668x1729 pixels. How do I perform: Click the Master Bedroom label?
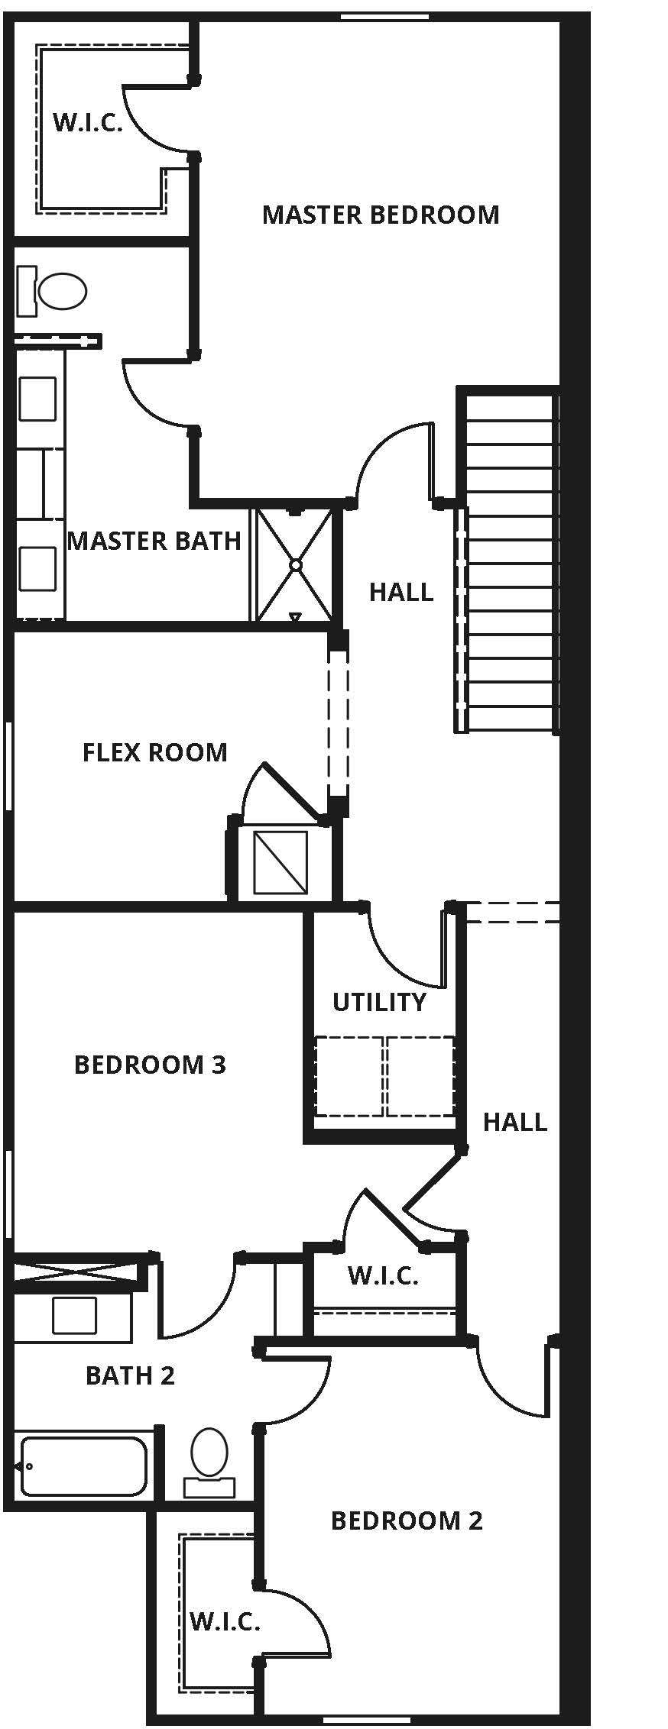pos(380,215)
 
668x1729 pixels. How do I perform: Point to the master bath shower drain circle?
pos(295,565)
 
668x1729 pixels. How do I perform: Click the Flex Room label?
pos(154,752)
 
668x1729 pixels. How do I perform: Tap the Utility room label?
pos(379,1002)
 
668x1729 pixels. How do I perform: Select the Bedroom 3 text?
pos(150,1065)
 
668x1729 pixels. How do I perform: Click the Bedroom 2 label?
pos(406,1521)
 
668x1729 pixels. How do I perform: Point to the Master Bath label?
pos(154,541)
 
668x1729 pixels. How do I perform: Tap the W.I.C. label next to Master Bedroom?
pos(87,123)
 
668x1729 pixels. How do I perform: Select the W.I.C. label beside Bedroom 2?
pos(224,1621)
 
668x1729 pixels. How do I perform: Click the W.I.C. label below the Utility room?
pos(382,1275)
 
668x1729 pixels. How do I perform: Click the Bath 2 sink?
pos(74,1315)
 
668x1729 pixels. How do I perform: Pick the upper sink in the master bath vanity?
pos(37,399)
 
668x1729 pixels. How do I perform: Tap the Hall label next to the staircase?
pos(400,592)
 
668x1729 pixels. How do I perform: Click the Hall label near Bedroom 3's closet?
pos(514,1122)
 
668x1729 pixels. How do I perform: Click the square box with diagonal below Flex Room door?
pos(280,863)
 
